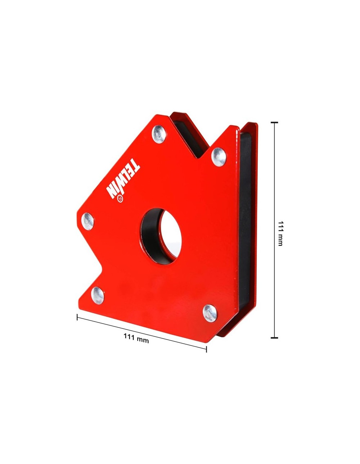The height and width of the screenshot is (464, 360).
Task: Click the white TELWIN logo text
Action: [x=123, y=178]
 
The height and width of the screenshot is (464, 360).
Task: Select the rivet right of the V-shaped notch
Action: [x=219, y=156]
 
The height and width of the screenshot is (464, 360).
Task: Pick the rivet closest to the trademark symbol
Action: [x=87, y=221]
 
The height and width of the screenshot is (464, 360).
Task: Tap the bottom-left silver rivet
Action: [x=98, y=295]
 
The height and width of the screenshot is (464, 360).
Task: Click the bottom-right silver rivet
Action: [x=210, y=313]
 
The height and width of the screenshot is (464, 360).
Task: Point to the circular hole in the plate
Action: [x=161, y=236]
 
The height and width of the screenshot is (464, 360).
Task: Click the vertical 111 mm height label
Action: [x=280, y=233]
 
